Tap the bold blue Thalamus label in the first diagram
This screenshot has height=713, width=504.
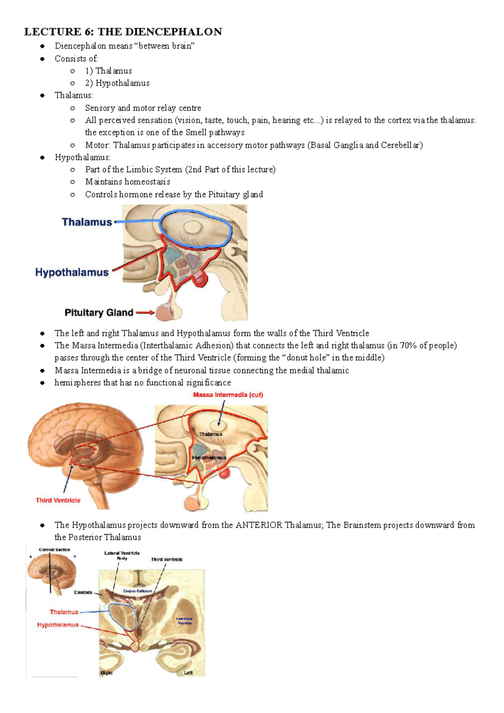[87, 222]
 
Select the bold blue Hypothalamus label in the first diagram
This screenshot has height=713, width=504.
[72, 272]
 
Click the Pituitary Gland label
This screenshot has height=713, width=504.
[99, 313]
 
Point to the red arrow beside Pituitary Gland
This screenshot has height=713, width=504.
[145, 313]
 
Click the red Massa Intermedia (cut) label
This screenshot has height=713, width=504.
[228, 395]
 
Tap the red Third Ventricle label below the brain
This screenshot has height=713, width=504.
[58, 500]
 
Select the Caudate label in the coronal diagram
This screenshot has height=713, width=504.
[83, 592]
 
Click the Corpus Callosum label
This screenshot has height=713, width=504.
[138, 591]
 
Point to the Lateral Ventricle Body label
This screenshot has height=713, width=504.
[122, 555]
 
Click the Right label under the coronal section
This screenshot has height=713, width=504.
[106, 673]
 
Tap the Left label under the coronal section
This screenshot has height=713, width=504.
[188, 673]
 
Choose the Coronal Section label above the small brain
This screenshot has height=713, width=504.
[54, 550]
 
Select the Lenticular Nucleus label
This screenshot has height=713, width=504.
[184, 621]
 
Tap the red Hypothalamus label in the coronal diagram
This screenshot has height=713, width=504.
[58, 625]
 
